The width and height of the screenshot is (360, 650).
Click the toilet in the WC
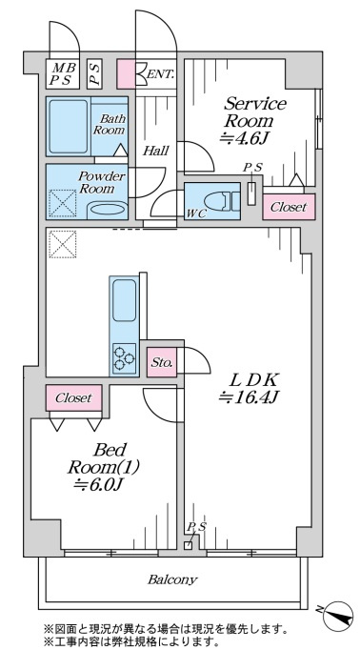coord(222,201)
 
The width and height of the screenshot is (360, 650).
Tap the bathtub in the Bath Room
coord(67,126)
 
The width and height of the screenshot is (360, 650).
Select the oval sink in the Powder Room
coord(107,210)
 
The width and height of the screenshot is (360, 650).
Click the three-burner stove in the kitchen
coord(124,357)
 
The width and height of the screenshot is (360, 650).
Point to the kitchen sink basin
coord(124,300)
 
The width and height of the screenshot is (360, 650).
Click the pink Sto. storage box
coord(162,363)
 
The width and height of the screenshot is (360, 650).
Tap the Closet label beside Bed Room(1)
coord(73,398)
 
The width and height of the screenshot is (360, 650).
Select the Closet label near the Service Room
coord(289,207)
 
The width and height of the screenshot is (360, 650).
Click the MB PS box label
coord(62,74)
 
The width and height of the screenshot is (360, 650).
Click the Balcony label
coord(172,579)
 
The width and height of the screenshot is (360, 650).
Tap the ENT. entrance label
coord(160,74)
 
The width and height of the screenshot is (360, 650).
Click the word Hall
coord(155,151)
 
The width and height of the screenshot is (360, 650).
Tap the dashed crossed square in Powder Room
coord(63,203)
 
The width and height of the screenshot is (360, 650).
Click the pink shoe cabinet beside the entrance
coord(126,74)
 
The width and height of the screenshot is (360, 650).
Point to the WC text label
coord(196,213)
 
